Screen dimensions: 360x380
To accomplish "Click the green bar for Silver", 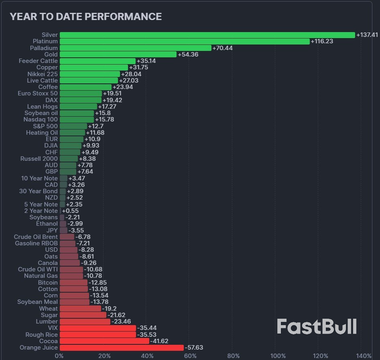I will click(x=207, y=35).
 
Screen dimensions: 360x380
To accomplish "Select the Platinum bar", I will click(x=185, y=41).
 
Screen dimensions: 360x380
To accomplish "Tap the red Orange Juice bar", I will click(x=121, y=348).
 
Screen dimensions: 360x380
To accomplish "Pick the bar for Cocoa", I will click(x=104, y=341).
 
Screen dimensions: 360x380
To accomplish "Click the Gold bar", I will click(x=118, y=55).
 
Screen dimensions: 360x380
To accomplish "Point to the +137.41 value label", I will click(x=367, y=35).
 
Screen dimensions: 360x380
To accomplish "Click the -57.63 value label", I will click(x=194, y=348).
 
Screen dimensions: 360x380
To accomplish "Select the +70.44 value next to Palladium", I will click(x=223, y=48).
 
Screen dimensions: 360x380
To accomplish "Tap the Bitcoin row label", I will click(x=48, y=283).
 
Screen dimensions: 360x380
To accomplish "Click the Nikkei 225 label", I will click(x=42, y=74).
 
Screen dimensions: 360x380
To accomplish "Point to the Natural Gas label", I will click(x=41, y=276).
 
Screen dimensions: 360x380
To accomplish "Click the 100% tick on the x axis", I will click(x=278, y=356).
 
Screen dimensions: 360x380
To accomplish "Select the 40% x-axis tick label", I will click(x=147, y=356).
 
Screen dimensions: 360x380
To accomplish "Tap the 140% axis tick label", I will click(x=364, y=356).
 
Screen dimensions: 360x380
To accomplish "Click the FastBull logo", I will click(x=317, y=326).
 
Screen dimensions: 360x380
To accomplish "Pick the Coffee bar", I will click(x=85, y=87).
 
